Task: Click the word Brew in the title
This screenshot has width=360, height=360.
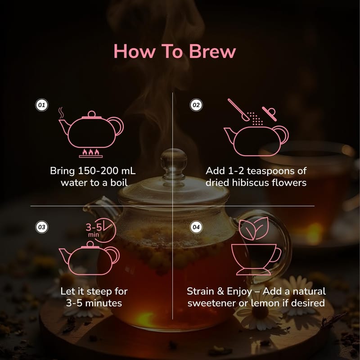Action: click(212, 51)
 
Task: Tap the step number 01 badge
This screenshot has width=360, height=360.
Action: click(41, 105)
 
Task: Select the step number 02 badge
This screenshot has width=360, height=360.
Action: click(196, 105)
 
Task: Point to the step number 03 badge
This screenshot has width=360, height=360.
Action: click(41, 227)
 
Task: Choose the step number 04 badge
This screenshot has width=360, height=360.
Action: click(196, 227)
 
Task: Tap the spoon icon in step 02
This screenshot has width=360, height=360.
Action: click(238, 110)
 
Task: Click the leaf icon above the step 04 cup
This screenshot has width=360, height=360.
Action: click(254, 229)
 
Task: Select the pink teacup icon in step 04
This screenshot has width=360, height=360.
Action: click(256, 260)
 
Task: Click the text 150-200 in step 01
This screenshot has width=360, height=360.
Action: click(98, 171)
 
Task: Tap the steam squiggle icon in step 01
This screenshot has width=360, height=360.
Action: click(61, 112)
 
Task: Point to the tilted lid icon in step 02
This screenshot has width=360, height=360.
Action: click(269, 113)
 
